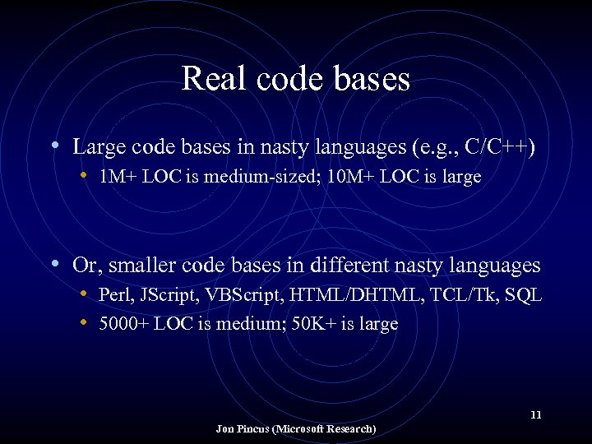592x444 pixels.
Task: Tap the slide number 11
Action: [535, 414]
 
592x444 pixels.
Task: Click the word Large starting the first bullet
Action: [99, 147]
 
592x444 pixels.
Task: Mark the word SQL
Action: [524, 295]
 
